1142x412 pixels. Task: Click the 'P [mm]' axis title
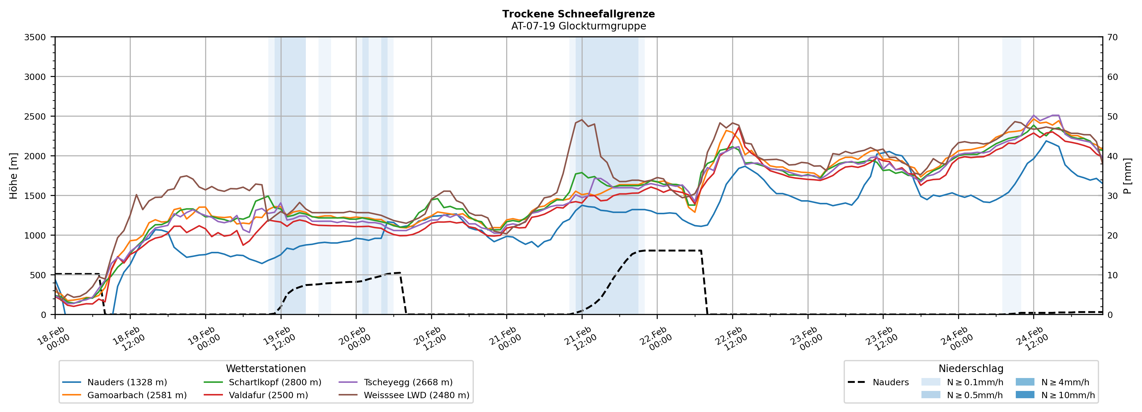(1127, 175)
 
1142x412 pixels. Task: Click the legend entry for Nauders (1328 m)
(127, 382)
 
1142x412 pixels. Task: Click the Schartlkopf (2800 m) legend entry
(275, 382)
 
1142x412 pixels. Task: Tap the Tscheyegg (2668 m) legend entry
(408, 382)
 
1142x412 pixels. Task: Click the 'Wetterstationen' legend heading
(266, 368)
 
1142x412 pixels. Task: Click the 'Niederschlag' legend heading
(970, 368)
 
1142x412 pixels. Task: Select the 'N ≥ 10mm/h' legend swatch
(1025, 395)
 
